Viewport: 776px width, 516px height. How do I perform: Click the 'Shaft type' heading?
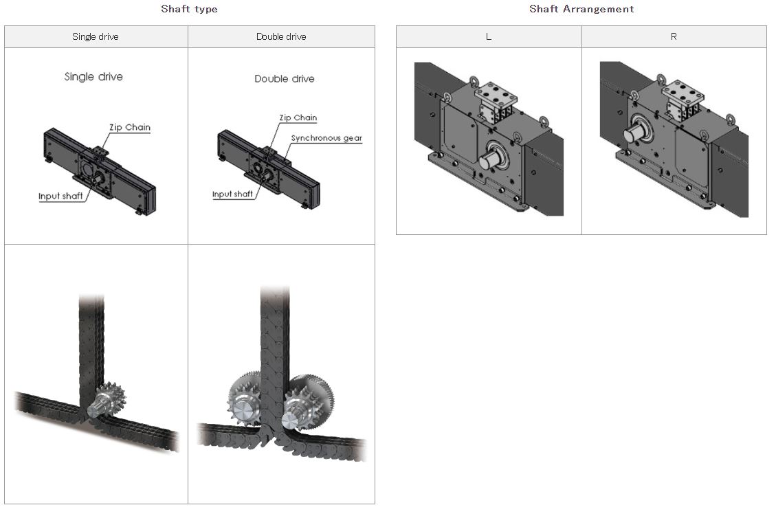click(x=189, y=9)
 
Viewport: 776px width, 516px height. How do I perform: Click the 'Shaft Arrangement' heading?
click(x=581, y=9)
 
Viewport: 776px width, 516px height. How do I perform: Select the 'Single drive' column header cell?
click(x=96, y=36)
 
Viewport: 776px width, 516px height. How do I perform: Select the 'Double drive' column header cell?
click(x=281, y=36)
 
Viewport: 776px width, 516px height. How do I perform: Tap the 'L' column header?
click(x=489, y=36)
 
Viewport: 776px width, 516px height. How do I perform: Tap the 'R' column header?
click(x=674, y=36)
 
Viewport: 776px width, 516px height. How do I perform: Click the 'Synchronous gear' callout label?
click(x=326, y=138)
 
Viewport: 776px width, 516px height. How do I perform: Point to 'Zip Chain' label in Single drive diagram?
click(x=129, y=127)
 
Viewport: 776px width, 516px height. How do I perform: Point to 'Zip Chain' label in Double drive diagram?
click(x=298, y=118)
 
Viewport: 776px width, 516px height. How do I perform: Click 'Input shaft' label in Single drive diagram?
click(x=60, y=197)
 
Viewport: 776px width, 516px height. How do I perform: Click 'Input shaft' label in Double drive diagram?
click(x=232, y=194)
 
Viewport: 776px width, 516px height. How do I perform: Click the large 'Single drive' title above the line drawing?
click(x=93, y=77)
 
